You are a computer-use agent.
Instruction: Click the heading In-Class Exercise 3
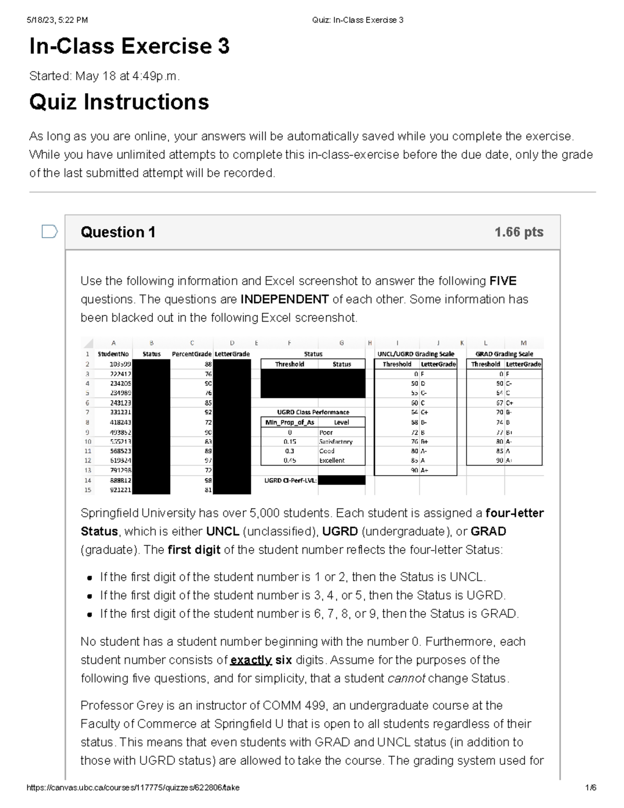tap(129, 47)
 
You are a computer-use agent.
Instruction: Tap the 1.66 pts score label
tap(518, 232)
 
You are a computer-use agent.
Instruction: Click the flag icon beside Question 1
tap(49, 232)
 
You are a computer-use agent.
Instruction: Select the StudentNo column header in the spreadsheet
tap(113, 354)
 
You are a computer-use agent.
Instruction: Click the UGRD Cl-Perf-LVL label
tap(290, 480)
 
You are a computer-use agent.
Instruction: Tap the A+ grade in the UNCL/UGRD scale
tap(425, 470)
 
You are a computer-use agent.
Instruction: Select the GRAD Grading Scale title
tap(504, 354)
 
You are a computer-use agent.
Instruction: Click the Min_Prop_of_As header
tap(290, 422)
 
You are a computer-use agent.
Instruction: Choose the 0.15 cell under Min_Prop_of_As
tap(290, 442)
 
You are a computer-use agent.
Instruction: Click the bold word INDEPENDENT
tap(284, 300)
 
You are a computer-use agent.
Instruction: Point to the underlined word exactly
tap(251, 660)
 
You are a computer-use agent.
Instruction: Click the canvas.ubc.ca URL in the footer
tap(133, 788)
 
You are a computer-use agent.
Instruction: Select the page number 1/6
tap(590, 788)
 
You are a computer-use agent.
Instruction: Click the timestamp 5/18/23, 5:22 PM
tap(58, 20)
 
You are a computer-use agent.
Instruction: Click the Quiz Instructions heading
tap(119, 102)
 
